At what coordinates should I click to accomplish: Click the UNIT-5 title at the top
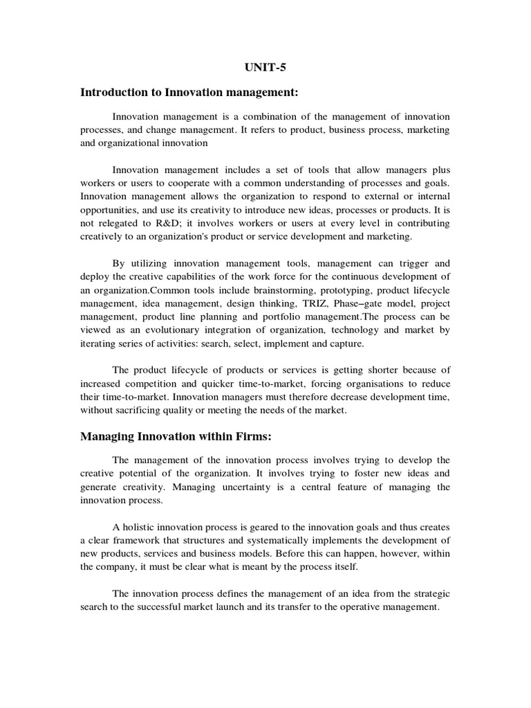pos(265,68)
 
